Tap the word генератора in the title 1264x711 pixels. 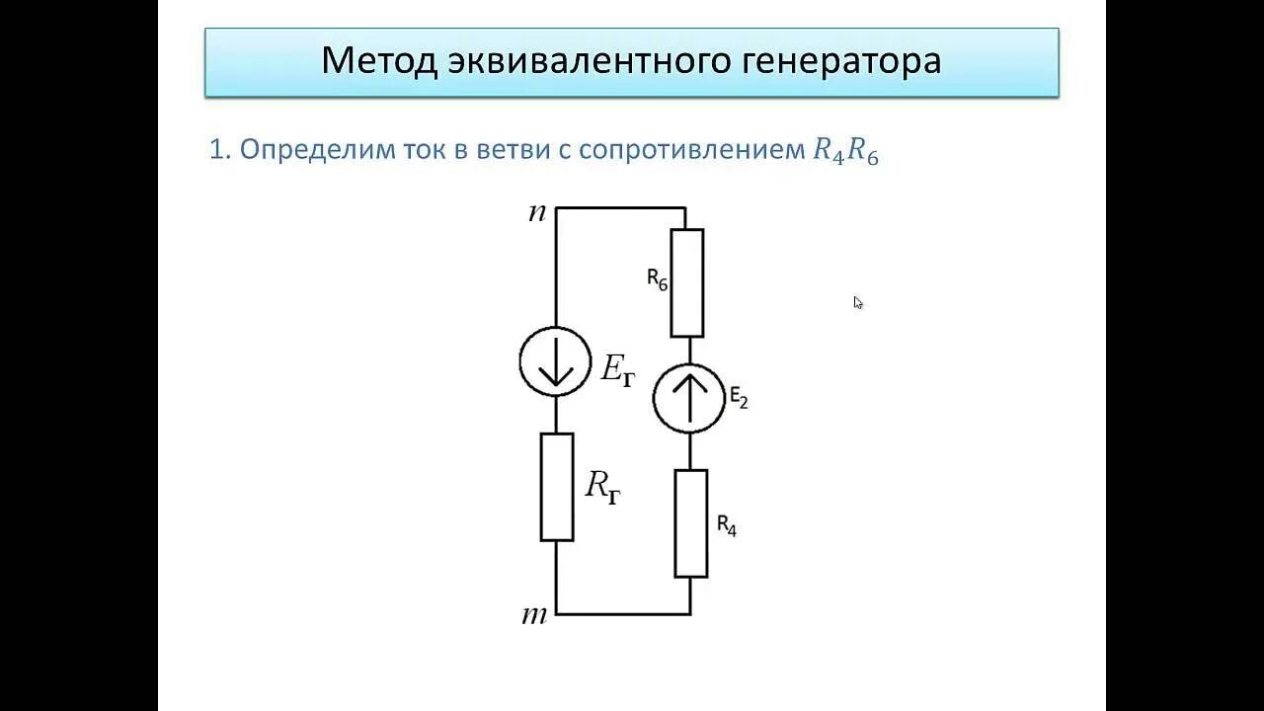point(840,61)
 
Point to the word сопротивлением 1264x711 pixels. point(691,150)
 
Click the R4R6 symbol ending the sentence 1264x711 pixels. point(844,151)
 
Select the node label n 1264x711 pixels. point(537,212)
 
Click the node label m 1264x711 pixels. point(534,615)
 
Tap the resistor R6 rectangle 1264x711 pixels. point(687,283)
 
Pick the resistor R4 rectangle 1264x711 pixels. point(691,523)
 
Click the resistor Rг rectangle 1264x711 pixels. point(557,487)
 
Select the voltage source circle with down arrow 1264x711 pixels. point(555,362)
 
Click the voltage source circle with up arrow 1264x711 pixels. point(689,398)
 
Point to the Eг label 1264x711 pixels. point(618,370)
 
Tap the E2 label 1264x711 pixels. point(740,397)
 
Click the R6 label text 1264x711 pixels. point(658,279)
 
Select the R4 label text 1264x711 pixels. point(727,524)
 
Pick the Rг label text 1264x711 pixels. point(603,486)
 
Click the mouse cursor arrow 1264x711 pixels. point(858,303)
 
